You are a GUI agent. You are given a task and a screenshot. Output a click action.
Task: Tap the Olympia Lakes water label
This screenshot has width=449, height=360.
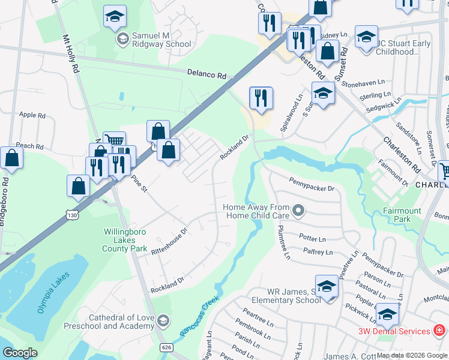tap(53, 293)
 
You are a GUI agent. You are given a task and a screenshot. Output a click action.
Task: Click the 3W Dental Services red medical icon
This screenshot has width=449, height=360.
tap(439, 331)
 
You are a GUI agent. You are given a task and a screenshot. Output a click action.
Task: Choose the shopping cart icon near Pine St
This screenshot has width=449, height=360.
tap(114, 142)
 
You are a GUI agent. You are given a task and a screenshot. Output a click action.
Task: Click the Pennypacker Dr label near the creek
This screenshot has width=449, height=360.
tap(311, 188)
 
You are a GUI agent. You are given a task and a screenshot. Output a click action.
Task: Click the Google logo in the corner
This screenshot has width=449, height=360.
tap(20, 353)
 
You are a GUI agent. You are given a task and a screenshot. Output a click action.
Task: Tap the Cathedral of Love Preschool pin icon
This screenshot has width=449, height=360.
tap(162, 321)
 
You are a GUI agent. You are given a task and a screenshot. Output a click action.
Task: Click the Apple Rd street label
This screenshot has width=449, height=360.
tap(32, 115)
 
